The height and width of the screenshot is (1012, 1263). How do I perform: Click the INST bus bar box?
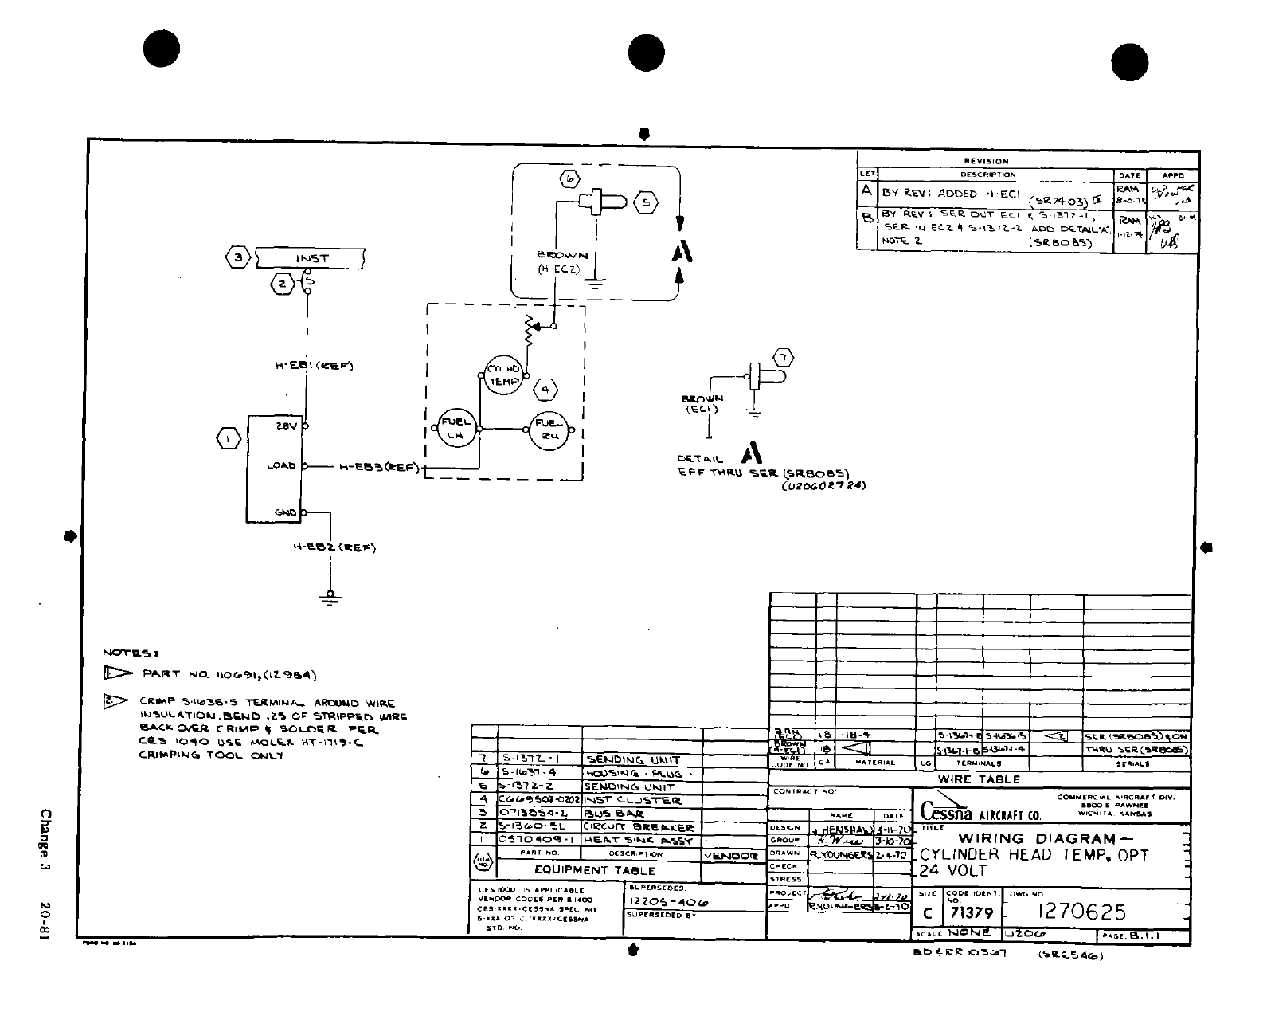click(x=311, y=258)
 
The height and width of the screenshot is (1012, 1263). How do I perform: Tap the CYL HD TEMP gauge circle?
click(x=503, y=375)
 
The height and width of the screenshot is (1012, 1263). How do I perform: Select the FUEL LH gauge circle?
click(x=456, y=429)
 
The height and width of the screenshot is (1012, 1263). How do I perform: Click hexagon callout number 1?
click(x=229, y=439)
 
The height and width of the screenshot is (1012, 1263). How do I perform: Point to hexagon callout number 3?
click(x=237, y=258)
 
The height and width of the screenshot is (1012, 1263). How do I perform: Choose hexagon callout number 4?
click(x=545, y=390)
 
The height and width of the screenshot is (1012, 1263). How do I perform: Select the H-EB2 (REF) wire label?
click(x=335, y=547)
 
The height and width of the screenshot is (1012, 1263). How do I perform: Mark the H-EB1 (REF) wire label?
click(x=314, y=366)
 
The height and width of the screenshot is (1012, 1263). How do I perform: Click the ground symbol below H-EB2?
click(x=330, y=598)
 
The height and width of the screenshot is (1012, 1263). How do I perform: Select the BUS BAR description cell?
click(x=613, y=814)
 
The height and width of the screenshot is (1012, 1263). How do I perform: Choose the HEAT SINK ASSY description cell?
click(x=639, y=841)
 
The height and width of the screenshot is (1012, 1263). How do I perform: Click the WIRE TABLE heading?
click(x=979, y=779)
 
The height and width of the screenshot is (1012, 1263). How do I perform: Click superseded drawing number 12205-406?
click(x=668, y=901)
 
